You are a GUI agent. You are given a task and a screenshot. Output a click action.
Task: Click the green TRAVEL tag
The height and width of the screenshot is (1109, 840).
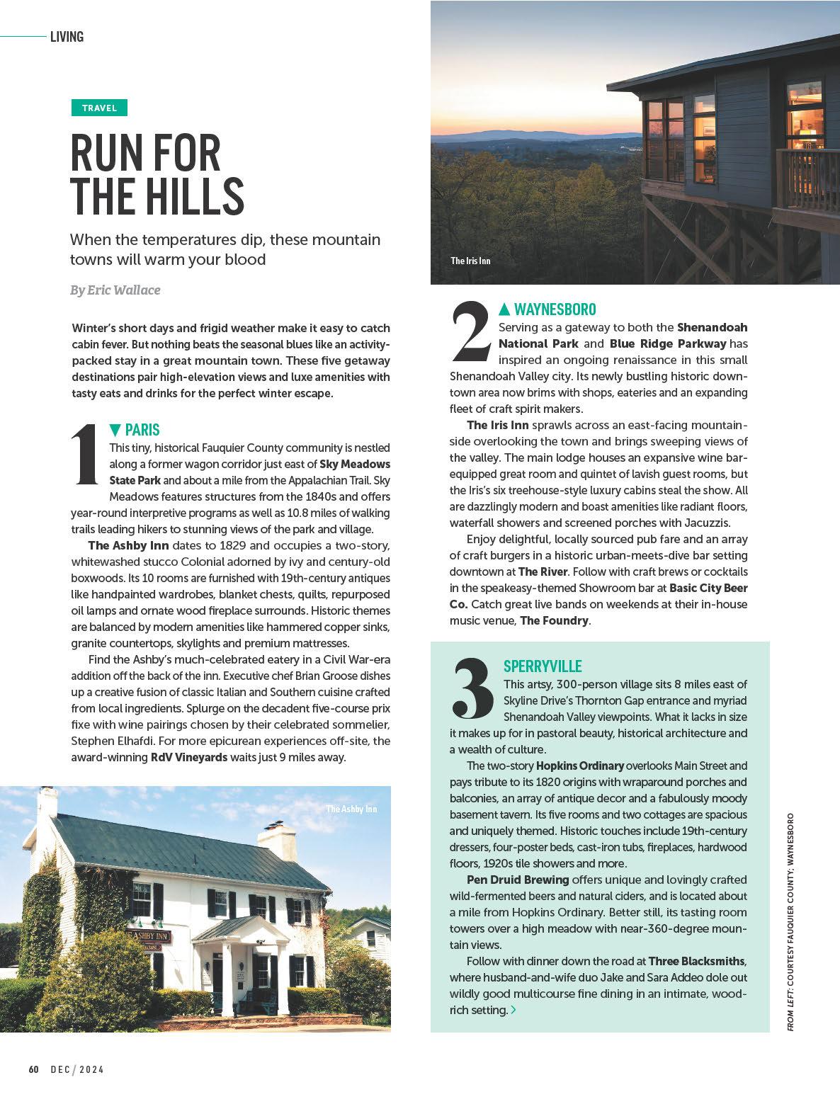pyautogui.click(x=99, y=108)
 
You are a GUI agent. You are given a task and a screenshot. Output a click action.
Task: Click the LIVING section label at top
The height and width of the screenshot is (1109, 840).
pyautogui.click(x=67, y=37)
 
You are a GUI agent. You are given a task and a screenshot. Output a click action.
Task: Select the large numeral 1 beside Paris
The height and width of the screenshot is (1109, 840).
pyautogui.click(x=86, y=456)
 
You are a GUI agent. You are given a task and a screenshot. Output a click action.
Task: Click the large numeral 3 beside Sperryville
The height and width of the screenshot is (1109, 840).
pyautogui.click(x=472, y=687)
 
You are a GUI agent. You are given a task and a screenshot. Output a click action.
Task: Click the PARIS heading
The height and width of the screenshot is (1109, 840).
pyautogui.click(x=142, y=430)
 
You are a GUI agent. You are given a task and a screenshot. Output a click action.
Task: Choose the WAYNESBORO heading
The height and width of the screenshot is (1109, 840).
pyautogui.click(x=555, y=309)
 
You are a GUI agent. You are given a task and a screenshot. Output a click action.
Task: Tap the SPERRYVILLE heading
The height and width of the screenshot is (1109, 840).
pyautogui.click(x=543, y=666)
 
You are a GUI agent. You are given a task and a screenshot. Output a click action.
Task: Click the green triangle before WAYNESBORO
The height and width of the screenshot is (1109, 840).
pyautogui.click(x=504, y=309)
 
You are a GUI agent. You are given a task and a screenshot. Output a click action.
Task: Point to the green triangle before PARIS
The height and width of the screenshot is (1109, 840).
pyautogui.click(x=115, y=430)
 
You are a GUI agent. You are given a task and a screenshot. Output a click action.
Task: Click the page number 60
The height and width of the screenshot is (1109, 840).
pyautogui.click(x=33, y=1069)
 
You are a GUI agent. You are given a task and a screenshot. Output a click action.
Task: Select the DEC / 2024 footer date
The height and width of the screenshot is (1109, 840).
pyautogui.click(x=77, y=1069)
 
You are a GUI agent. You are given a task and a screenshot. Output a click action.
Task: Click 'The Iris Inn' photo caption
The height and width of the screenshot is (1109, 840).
pyautogui.click(x=470, y=261)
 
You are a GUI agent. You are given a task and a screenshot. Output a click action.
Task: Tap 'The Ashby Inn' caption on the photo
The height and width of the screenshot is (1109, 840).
pyautogui.click(x=351, y=809)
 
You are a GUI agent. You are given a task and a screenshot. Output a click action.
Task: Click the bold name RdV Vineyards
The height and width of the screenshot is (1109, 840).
pyautogui.click(x=189, y=757)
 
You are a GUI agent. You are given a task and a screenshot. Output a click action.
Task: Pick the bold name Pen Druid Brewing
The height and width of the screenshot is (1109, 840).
pyautogui.click(x=518, y=880)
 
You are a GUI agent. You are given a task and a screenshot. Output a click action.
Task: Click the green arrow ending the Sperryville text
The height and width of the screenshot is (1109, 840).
pyautogui.click(x=513, y=1010)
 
